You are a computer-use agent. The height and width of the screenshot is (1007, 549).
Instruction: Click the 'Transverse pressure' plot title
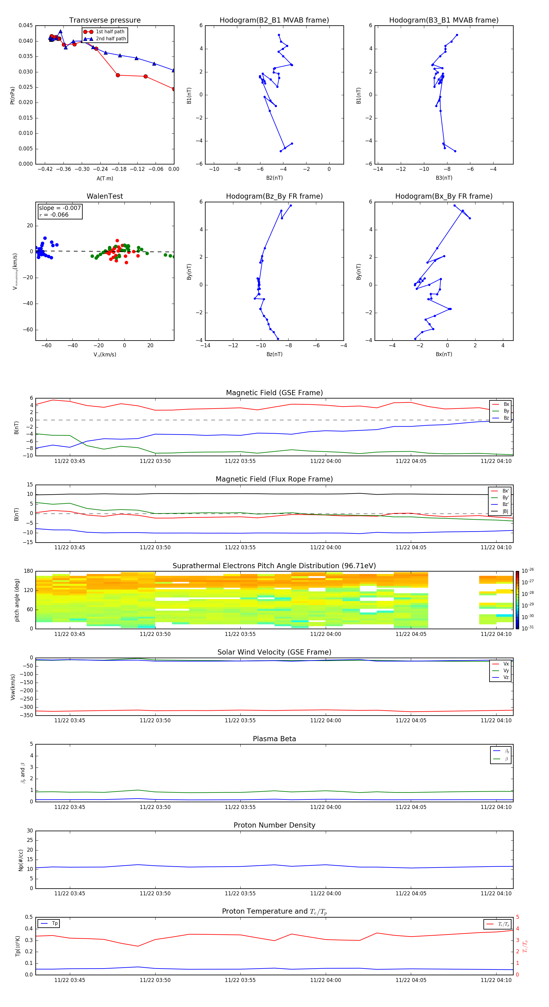105,20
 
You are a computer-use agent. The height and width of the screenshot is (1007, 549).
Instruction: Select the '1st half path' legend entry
110,32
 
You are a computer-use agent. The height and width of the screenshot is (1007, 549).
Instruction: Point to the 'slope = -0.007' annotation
60,208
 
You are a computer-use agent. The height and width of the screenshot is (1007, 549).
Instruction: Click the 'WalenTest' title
105,196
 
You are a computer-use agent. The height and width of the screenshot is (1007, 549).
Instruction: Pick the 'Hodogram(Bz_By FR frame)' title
274,196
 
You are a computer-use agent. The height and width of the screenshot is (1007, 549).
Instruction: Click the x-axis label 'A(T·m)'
105,179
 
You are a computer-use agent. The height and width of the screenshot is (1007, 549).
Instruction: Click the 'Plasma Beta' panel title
274,739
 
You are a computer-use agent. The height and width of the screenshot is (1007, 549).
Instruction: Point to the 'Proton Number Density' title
274,825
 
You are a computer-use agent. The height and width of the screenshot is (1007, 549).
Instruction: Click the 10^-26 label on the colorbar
528,571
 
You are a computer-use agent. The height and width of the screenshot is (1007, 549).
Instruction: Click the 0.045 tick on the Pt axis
26,25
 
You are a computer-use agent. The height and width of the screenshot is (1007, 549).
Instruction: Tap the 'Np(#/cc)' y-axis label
21,860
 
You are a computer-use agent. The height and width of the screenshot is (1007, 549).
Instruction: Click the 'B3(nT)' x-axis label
444,178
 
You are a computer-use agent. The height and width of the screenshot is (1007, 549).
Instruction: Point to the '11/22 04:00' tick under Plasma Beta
325,807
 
